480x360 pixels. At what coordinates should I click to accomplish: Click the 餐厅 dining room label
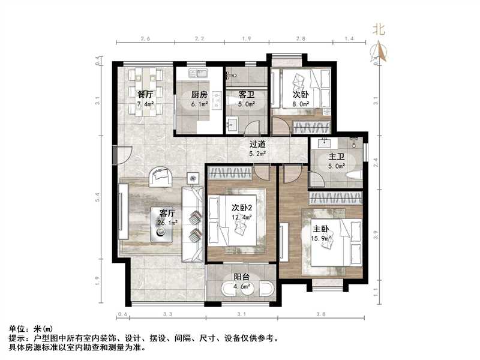click(x=145, y=94)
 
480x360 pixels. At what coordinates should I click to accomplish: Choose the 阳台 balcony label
click(x=242, y=277)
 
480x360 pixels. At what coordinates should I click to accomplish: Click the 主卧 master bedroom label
click(x=320, y=228)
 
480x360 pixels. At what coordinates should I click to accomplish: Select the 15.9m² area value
click(x=320, y=238)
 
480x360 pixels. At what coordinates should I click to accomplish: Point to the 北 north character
click(x=378, y=28)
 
